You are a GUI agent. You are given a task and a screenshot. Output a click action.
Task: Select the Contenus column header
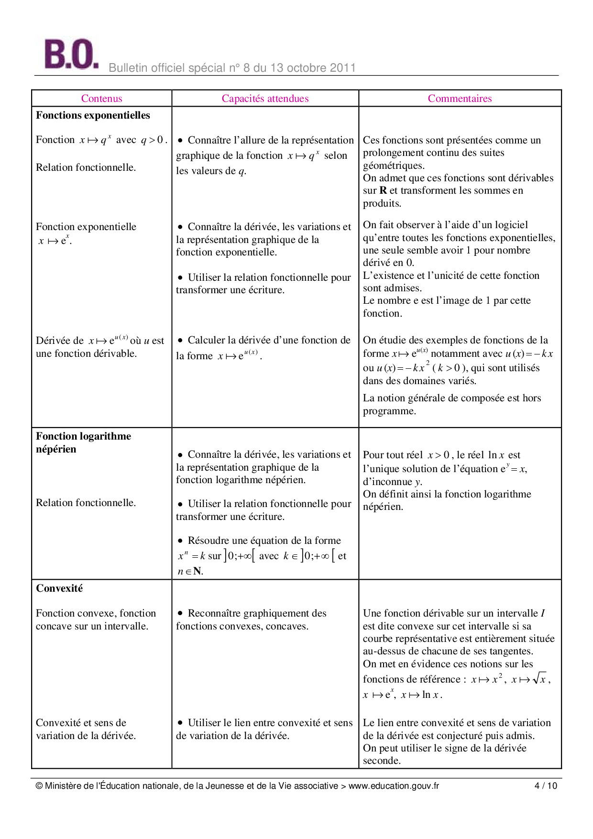101,99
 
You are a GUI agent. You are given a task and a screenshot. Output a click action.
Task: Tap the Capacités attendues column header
265,99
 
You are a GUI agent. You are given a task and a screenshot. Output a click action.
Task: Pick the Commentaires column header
460,99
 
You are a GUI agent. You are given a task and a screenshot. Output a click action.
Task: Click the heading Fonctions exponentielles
93,115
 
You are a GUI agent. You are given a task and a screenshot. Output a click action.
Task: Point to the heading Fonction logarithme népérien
83,442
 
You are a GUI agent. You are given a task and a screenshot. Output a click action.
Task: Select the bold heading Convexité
59,588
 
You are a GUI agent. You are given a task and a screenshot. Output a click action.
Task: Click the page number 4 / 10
546,786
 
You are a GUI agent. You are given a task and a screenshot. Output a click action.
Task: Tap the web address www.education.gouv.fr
394,786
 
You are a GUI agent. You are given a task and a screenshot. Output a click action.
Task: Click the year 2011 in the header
342,68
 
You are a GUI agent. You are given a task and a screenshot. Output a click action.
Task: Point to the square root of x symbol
540,678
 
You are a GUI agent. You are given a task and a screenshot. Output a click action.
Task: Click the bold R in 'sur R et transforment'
383,190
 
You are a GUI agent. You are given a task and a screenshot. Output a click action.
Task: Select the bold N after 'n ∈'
197,571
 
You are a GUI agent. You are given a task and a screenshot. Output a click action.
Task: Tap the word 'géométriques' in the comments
394,166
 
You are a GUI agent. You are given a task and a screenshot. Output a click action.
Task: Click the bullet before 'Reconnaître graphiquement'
180,613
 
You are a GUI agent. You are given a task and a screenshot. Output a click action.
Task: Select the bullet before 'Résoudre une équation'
180,541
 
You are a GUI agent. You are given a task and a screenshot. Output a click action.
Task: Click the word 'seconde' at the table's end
382,761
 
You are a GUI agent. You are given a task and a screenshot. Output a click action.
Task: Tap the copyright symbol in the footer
39,786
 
